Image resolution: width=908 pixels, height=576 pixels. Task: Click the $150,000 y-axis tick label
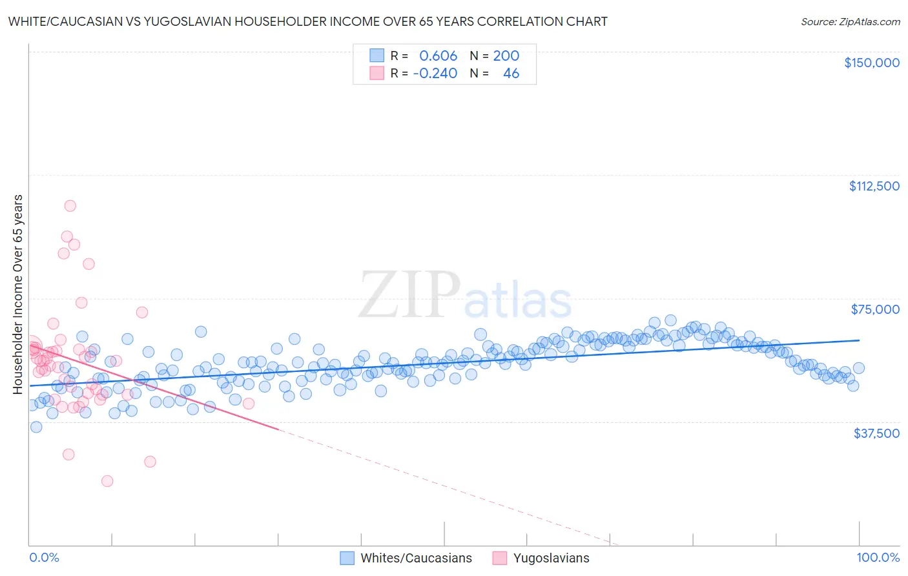[x=871, y=63]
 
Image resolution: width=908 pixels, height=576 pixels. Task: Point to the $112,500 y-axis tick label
[x=874, y=186]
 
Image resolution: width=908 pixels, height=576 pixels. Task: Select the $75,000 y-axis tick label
[x=875, y=309]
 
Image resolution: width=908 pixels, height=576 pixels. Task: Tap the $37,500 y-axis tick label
[x=876, y=433]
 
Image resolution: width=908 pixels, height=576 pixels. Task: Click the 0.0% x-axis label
[x=44, y=557]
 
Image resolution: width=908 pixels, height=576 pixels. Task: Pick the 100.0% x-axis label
[x=878, y=557]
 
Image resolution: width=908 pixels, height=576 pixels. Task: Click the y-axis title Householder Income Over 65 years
[x=18, y=294]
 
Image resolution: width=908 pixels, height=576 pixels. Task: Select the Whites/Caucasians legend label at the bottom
[x=416, y=558]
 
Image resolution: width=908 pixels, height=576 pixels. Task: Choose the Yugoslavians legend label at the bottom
[x=551, y=558]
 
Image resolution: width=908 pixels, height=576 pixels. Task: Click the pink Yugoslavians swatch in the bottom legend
[x=499, y=558]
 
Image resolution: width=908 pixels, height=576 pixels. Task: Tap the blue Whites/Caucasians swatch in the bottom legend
[x=347, y=558]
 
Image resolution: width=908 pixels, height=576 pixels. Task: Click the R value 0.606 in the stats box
[x=438, y=56]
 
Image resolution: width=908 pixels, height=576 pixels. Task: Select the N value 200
[x=506, y=56]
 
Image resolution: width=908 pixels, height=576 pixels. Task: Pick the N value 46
[x=511, y=73]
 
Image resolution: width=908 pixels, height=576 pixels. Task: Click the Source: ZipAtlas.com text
[x=850, y=21]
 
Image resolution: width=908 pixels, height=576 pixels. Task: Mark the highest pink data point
[x=70, y=206]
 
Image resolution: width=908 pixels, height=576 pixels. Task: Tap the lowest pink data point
[x=107, y=481]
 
